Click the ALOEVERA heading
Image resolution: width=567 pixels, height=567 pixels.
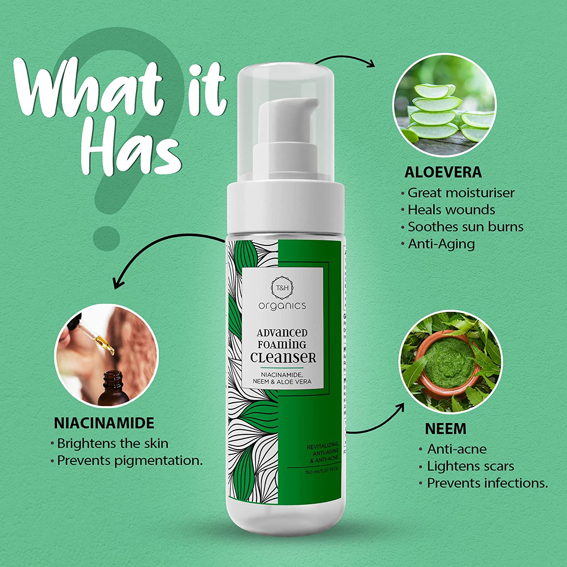point(443,172)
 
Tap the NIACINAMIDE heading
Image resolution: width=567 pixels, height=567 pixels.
point(104,423)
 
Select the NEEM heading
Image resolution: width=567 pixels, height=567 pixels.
point(446,429)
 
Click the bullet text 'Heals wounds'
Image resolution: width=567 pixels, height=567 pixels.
point(451,210)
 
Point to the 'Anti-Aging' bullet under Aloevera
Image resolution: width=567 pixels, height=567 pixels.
point(441,244)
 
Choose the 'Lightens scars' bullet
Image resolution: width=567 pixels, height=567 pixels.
point(470,466)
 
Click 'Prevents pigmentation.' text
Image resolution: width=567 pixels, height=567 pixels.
point(130,460)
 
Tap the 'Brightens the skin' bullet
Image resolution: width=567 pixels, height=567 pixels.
point(112,443)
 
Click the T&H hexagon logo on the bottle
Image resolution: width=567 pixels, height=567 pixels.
point(282,288)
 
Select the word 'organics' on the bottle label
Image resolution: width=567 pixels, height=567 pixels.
point(282,305)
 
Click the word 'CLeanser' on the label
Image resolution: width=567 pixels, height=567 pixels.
point(283,358)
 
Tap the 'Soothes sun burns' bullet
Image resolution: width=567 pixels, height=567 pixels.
point(465,227)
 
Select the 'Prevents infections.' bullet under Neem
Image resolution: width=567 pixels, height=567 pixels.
point(487,483)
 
